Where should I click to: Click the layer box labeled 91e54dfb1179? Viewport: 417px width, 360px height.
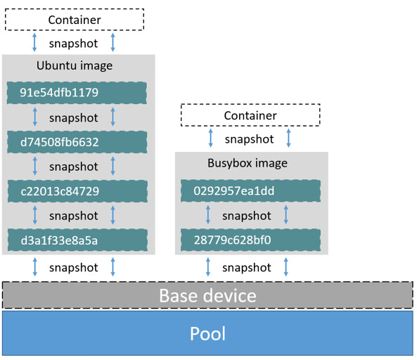(77, 93)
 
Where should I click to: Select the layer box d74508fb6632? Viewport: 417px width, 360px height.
(77, 142)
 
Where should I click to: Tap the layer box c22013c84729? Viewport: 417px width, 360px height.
(77, 191)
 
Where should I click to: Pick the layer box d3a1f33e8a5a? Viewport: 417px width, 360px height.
(77, 240)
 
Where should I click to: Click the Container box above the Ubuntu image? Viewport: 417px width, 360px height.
(75, 20)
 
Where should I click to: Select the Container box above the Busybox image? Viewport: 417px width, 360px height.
(250, 115)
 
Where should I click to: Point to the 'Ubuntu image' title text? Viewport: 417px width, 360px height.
(75, 66)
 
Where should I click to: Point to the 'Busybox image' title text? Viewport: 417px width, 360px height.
(248, 163)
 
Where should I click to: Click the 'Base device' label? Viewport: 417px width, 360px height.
(207, 295)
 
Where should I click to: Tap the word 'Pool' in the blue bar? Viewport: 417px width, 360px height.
(207, 333)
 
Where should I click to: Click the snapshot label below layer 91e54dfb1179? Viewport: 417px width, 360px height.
(74, 117)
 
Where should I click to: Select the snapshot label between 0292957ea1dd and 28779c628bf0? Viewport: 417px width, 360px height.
(247, 216)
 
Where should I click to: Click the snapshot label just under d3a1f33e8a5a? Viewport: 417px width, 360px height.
(74, 267)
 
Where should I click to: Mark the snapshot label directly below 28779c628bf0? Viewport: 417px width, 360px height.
(247, 267)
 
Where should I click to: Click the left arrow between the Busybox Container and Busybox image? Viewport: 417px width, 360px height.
(208, 139)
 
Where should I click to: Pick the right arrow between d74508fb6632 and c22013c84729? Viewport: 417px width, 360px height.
(113, 167)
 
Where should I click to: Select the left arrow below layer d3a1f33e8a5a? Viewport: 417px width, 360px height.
(35, 267)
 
